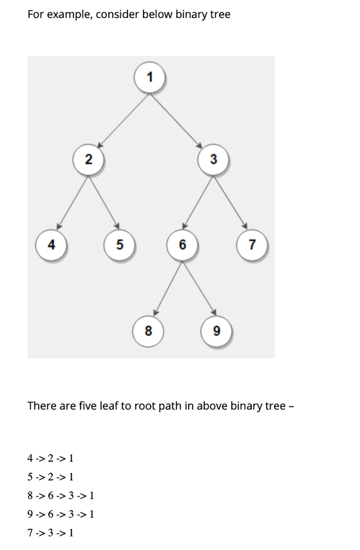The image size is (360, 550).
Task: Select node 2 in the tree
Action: coord(88,158)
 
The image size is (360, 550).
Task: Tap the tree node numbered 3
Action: coord(213,158)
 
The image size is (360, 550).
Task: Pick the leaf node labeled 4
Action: coord(51,244)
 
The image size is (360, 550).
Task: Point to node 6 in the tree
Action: coord(182,245)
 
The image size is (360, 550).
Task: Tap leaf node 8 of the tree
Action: coord(149,332)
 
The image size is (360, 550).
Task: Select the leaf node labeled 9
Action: coord(216,332)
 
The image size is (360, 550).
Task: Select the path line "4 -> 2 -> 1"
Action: coord(50,459)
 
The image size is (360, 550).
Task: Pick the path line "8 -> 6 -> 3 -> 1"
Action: coord(61,496)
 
